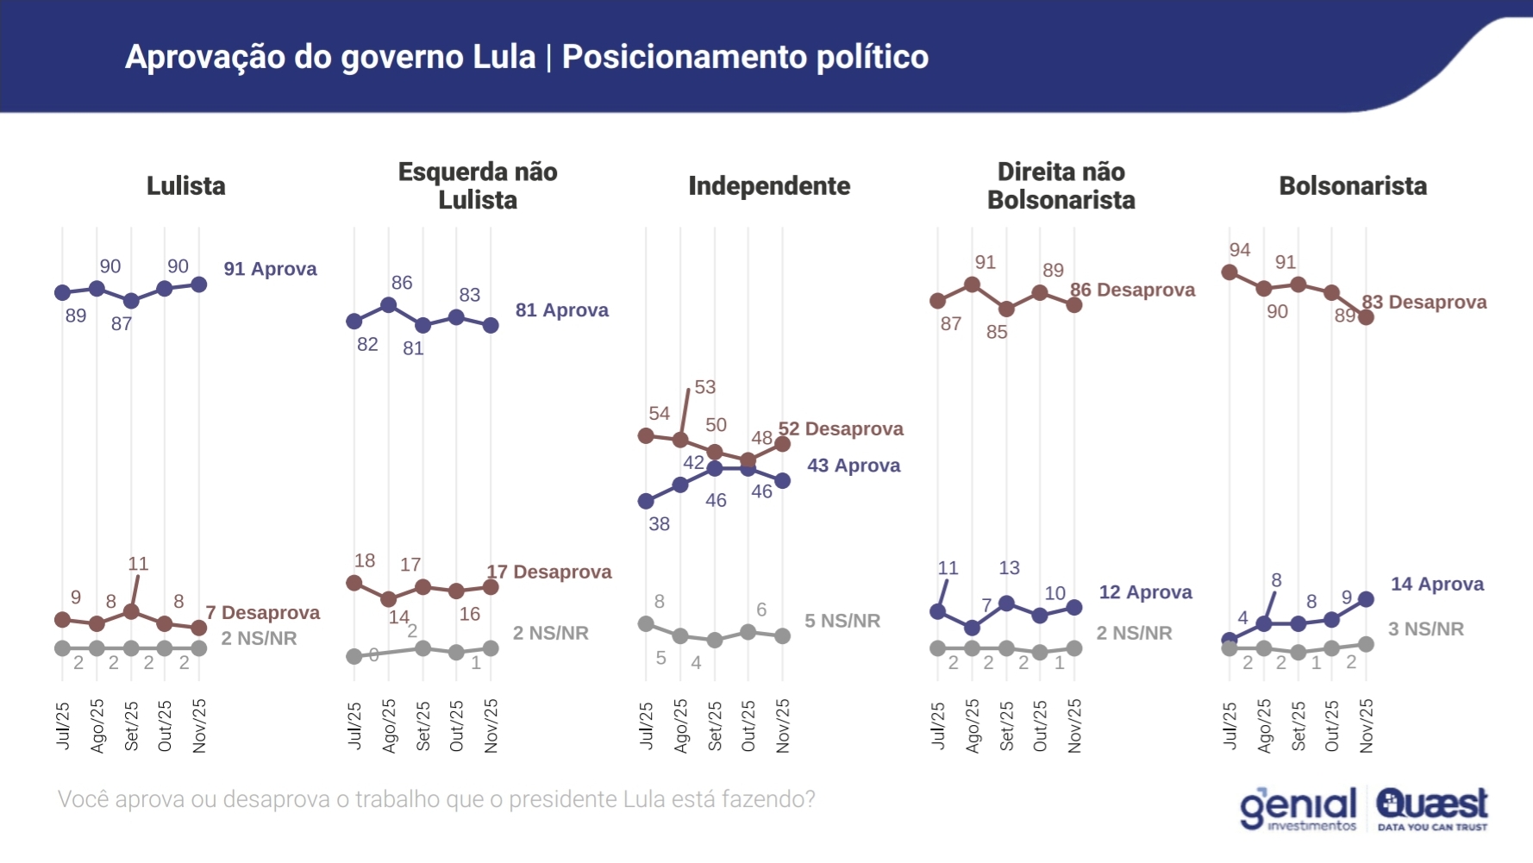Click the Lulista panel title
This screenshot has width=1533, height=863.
[185, 186]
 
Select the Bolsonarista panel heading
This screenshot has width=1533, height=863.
[1352, 186]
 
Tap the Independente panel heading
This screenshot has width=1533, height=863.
[769, 186]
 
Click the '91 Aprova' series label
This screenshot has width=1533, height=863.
[270, 269]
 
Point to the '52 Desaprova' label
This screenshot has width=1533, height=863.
[841, 429]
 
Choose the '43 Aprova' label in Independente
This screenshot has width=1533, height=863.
[854, 466]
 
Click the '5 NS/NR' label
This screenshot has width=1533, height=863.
[842, 621]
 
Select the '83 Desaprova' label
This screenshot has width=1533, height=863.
[1424, 303]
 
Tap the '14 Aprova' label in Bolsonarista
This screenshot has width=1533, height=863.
[1437, 585]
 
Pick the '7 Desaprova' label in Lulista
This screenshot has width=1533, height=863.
[262, 613]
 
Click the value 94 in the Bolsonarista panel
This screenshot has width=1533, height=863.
[1240, 250]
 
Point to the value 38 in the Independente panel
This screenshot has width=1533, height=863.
[660, 524]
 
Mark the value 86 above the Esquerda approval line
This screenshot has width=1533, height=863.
[402, 283]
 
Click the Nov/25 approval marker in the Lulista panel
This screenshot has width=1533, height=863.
[199, 285]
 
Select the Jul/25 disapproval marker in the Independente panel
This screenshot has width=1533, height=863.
[646, 435]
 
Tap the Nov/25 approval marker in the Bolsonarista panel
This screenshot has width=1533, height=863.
[1366, 599]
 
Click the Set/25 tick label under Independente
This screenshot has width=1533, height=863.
[715, 726]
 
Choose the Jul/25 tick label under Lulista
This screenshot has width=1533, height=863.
[63, 726]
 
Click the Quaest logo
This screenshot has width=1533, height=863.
[1431, 809]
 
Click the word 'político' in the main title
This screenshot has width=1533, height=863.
[872, 57]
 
